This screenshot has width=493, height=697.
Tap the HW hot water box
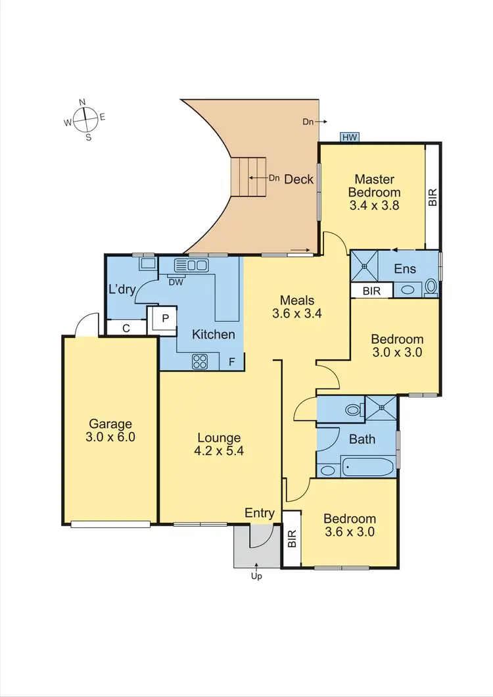point(350,137)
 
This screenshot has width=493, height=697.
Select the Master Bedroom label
point(374,186)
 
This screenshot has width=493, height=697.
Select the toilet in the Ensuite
point(431,287)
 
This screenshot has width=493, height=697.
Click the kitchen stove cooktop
point(200,361)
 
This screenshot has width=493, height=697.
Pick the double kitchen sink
point(191,266)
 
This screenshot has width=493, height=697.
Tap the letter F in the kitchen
point(231,361)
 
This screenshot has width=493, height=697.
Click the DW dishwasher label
point(176,282)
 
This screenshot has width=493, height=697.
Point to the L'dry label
point(122,290)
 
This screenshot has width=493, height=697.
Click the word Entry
point(259,513)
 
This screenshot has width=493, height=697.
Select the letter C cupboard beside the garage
point(126,327)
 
